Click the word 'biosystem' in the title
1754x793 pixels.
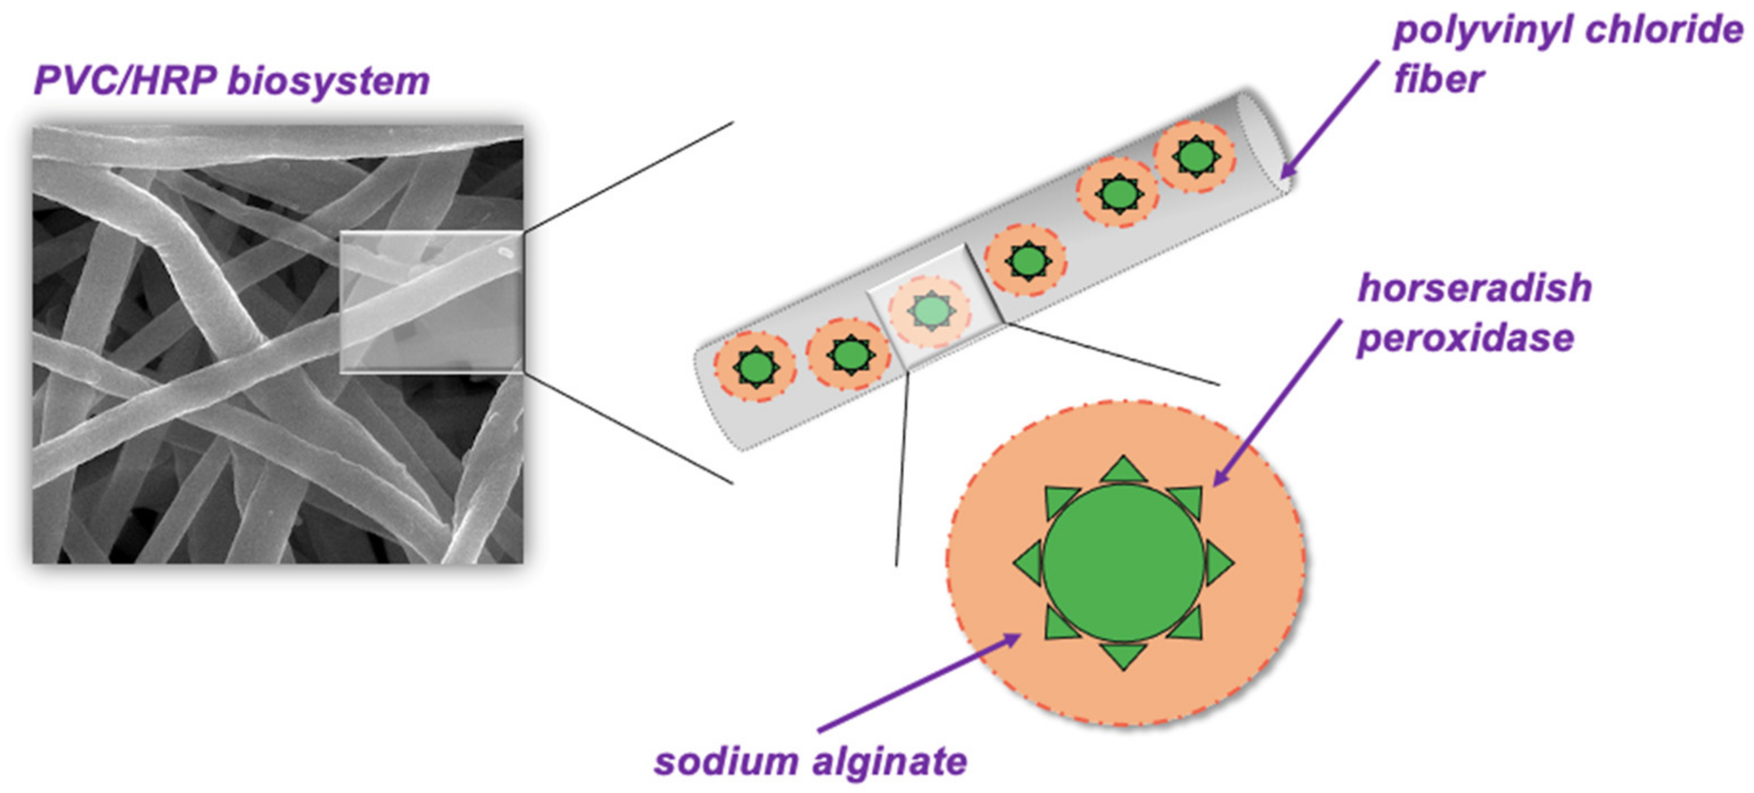point(328,82)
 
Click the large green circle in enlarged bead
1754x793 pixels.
point(1124,564)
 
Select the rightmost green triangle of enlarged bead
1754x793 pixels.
point(1219,564)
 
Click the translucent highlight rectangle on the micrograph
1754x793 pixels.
point(431,302)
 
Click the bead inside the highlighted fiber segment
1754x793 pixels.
point(930,311)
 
